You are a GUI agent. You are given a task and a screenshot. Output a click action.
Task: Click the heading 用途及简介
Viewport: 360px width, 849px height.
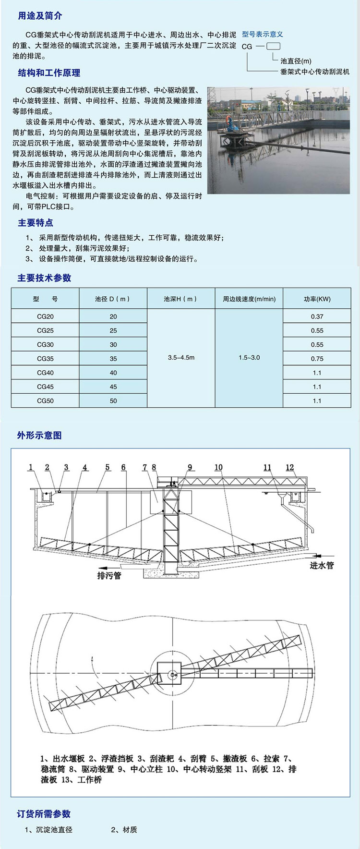[40, 16]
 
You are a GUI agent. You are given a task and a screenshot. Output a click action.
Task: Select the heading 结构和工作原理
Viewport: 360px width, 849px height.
[49, 73]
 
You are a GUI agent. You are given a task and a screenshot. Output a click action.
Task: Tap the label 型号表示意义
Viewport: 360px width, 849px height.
[262, 34]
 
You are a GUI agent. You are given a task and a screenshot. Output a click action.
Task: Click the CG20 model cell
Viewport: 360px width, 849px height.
[45, 316]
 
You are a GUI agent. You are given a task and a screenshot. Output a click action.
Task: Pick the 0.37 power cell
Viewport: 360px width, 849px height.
[317, 316]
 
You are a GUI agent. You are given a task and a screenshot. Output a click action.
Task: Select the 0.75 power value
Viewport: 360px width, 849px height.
[317, 358]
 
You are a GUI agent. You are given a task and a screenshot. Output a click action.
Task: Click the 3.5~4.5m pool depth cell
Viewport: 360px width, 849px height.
[181, 358]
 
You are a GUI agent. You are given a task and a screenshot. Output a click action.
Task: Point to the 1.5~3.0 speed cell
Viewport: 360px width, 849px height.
[249, 358]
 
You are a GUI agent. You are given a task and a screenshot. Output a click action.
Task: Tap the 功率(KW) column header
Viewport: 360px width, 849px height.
[317, 299]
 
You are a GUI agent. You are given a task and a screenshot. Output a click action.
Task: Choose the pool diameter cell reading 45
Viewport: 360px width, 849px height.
[113, 387]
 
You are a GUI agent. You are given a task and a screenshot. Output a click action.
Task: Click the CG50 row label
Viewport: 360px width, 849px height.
[45, 400]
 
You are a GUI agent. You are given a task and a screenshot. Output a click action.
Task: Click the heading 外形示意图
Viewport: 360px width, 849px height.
[39, 435]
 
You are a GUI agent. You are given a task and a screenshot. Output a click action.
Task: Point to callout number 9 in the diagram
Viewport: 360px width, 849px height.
[190, 467]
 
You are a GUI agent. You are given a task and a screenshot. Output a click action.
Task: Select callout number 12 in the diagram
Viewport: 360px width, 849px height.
[289, 467]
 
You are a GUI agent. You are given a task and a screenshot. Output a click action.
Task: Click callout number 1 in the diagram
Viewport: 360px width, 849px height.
[31, 467]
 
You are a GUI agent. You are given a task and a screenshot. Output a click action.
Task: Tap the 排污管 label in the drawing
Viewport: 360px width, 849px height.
[109, 575]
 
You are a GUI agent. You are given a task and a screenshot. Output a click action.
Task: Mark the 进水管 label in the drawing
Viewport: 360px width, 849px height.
[322, 565]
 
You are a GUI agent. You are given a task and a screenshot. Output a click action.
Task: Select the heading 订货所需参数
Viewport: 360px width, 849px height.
[44, 813]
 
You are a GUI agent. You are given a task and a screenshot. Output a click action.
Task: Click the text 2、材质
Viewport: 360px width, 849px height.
[124, 829]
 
